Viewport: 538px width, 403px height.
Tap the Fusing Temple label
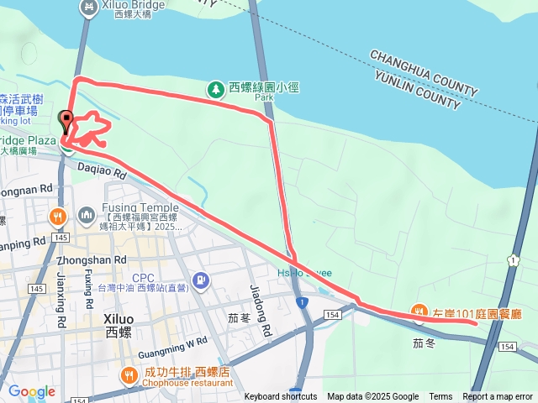[x=140, y=207]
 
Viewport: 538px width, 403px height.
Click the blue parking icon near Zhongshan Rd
[x=201, y=280]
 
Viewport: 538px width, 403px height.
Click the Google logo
[x=31, y=391]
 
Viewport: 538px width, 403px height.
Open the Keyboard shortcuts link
[x=280, y=397]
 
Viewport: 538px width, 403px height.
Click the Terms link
[x=440, y=397]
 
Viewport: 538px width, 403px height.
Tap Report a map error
[x=498, y=397]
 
